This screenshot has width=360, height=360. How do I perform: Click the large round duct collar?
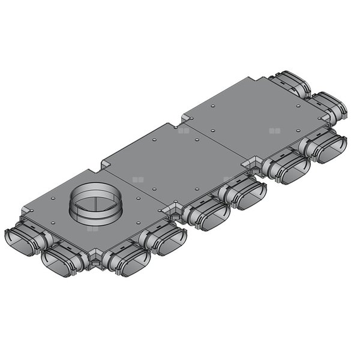(x=95, y=204)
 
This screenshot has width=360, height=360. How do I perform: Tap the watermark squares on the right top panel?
(x=274, y=130)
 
